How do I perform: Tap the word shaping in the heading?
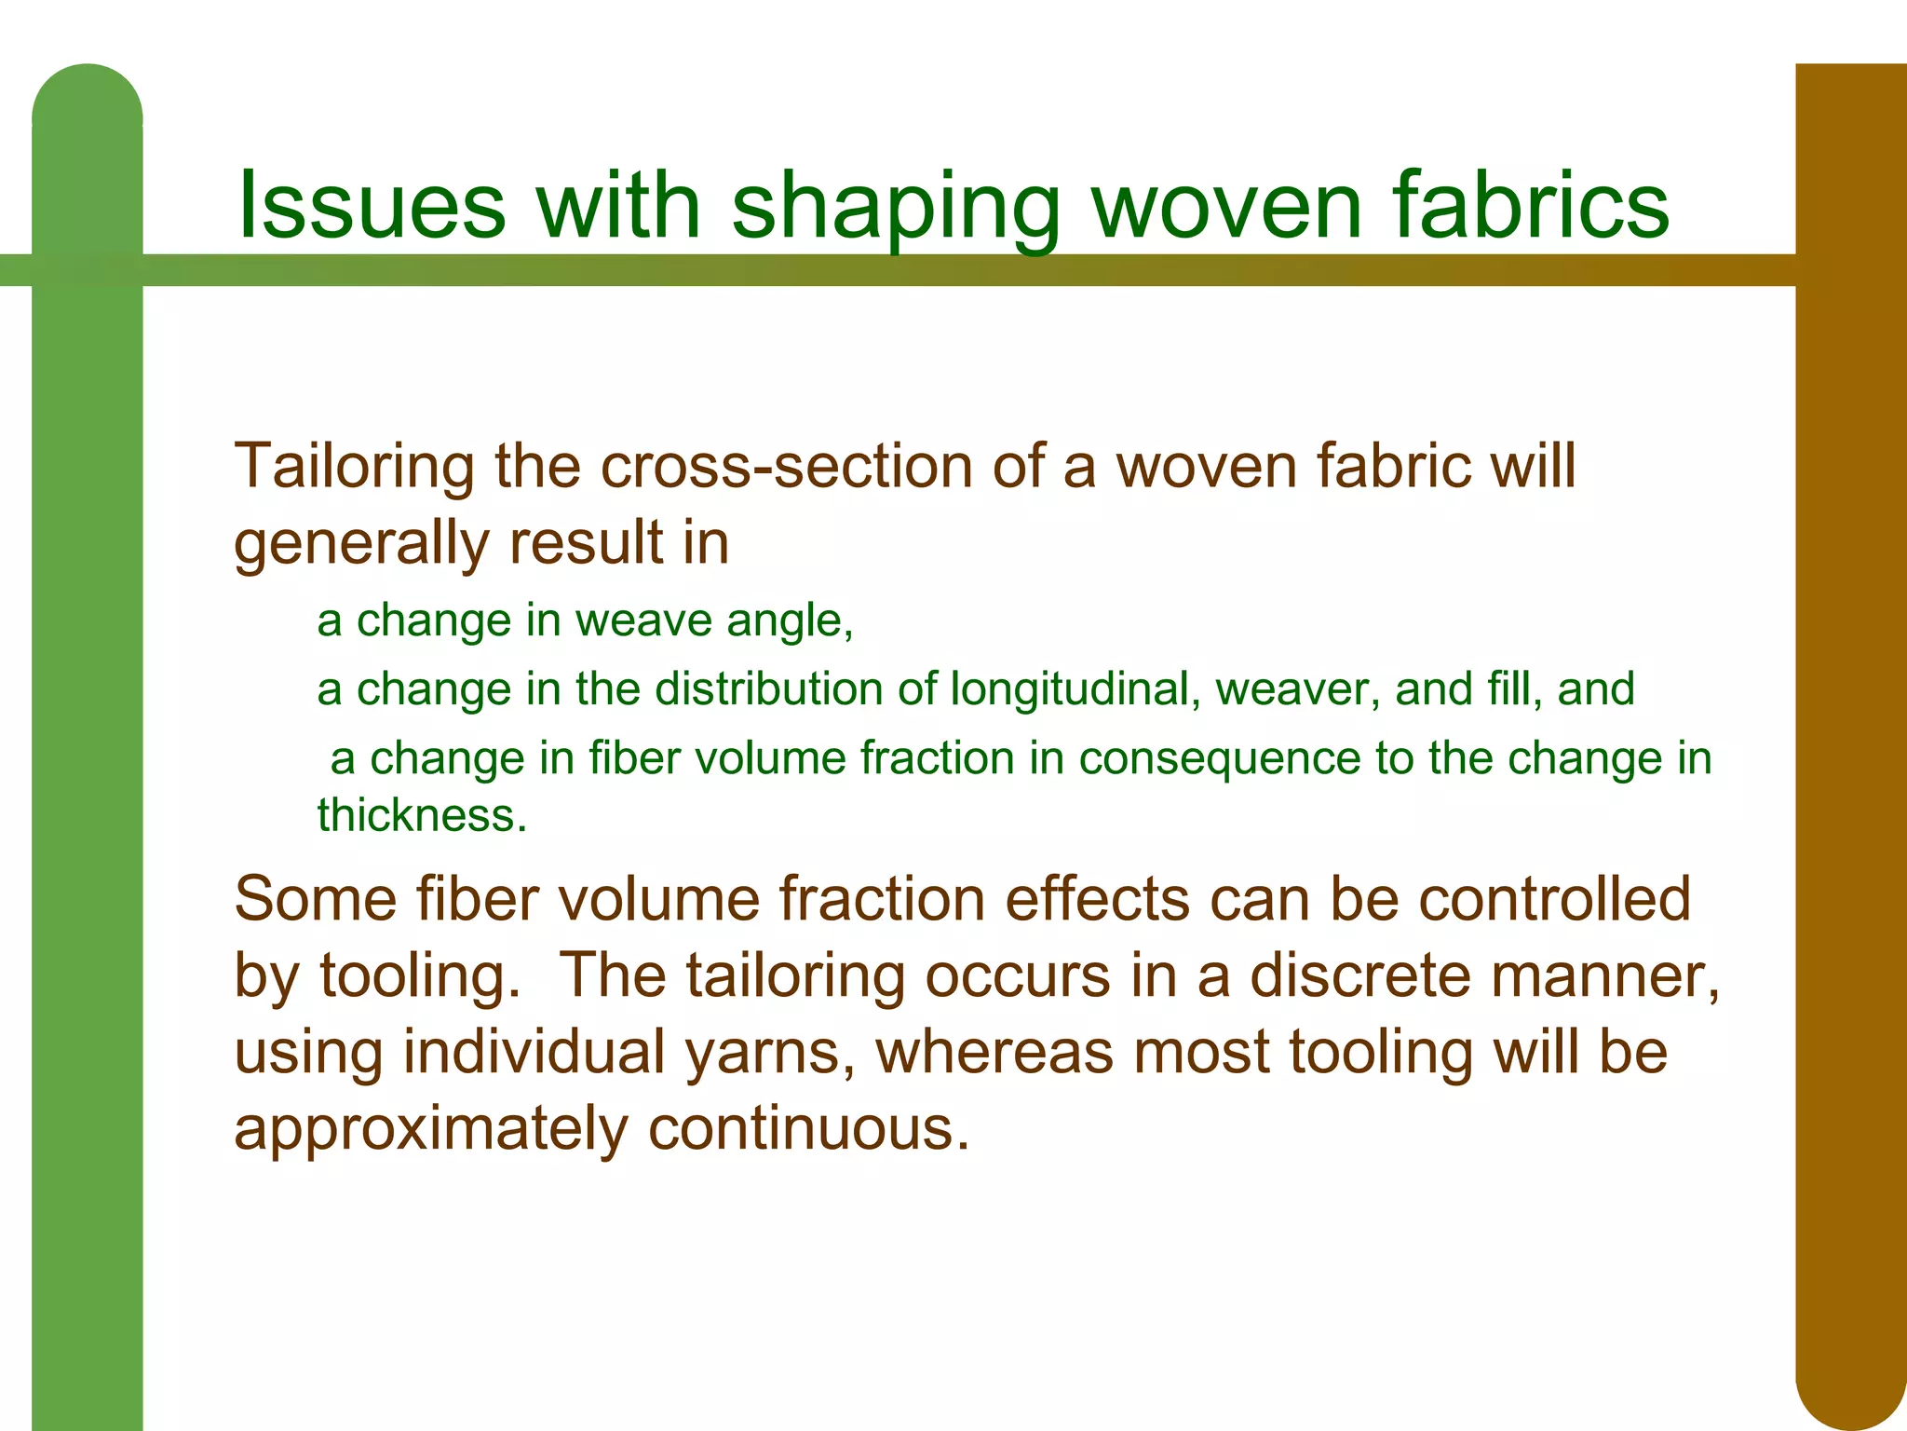[x=896, y=207]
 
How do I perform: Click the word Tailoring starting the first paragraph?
[x=355, y=467]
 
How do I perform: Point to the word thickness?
[x=421, y=815]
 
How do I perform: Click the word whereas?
[x=994, y=1052]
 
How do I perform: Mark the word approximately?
[x=431, y=1129]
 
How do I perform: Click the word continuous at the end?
[x=808, y=1129]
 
